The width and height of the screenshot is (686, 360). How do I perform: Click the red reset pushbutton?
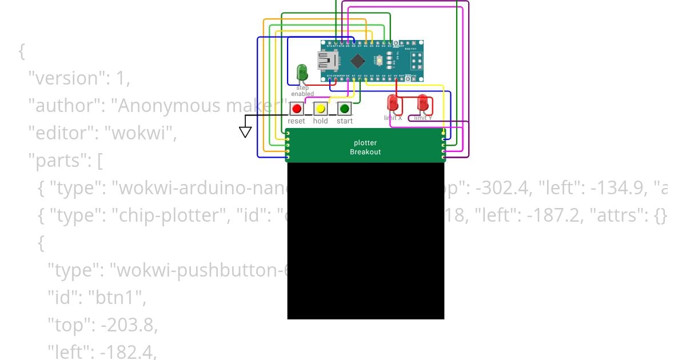pyautogui.click(x=296, y=109)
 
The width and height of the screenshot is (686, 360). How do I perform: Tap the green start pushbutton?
pyautogui.click(x=344, y=109)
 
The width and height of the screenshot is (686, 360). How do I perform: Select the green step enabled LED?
pyautogui.click(x=302, y=73)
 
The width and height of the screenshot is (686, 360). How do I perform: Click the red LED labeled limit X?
pyautogui.click(x=393, y=103)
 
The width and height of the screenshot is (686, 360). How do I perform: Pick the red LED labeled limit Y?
pyautogui.click(x=423, y=103)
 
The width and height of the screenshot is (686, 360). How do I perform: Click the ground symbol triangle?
pyautogui.click(x=245, y=132)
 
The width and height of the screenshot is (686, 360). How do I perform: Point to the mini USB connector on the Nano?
pyautogui.click(x=326, y=59)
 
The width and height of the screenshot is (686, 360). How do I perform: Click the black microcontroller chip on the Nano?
pyautogui.click(x=357, y=60)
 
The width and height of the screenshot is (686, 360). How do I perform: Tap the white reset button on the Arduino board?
pyautogui.click(x=380, y=59)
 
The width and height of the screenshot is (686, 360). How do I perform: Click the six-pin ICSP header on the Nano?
pyautogui.click(x=416, y=59)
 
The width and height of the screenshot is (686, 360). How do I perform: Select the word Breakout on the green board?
pyautogui.click(x=365, y=152)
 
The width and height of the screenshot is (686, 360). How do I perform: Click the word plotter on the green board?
pyautogui.click(x=365, y=143)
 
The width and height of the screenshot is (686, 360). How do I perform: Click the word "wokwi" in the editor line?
pyautogui.click(x=143, y=133)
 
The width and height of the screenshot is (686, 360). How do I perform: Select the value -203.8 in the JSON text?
pyautogui.click(x=128, y=325)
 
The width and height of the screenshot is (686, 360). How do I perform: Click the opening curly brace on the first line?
pyautogui.click(x=22, y=51)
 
